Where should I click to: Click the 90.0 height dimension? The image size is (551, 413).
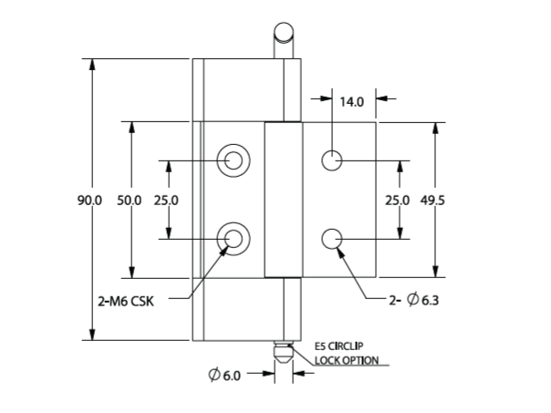click(x=89, y=201)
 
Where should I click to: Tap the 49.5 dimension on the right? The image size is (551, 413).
click(x=432, y=201)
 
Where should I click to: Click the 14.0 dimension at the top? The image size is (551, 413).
click(x=352, y=101)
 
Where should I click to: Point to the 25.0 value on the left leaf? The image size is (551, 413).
click(x=166, y=201)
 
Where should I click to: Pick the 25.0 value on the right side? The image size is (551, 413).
click(x=397, y=201)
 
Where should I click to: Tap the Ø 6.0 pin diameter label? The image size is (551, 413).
click(x=224, y=375)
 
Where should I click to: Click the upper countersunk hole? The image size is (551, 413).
click(x=234, y=161)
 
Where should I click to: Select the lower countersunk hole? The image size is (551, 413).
click(x=234, y=239)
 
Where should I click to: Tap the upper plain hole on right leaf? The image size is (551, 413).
click(x=332, y=161)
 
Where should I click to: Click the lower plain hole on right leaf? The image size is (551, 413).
click(x=332, y=239)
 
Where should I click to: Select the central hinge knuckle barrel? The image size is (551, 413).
click(x=282, y=200)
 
